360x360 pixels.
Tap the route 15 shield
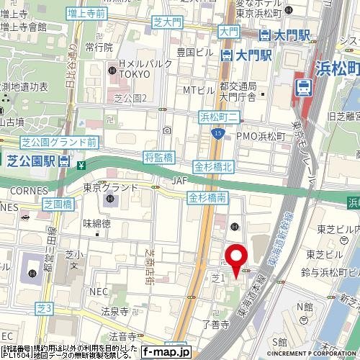pyautogui.click(x=217, y=133)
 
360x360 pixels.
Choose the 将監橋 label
pyautogui.click(x=159, y=157)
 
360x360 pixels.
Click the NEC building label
pyautogui.click(x=99, y=292)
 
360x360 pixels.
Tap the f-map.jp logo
pyautogui.click(x=166, y=352)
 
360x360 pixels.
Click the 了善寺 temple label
pyautogui.click(x=215, y=325)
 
